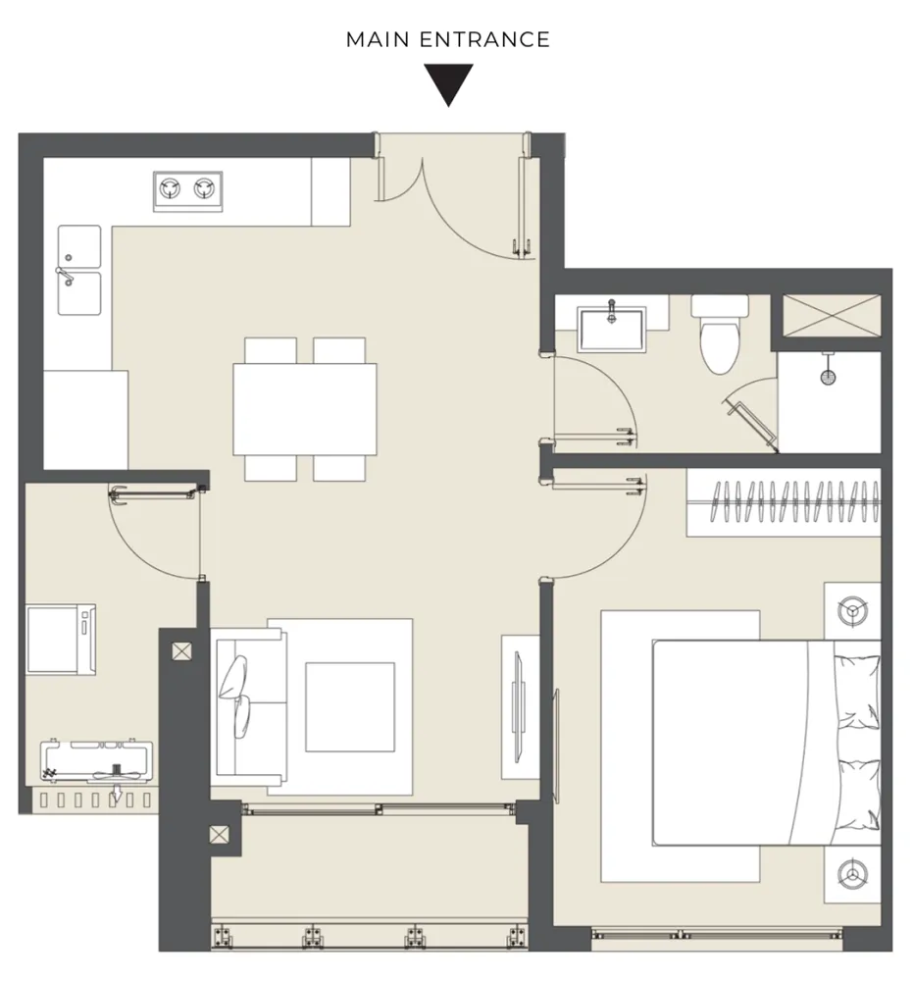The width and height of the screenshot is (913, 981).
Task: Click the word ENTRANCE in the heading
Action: [x=484, y=39]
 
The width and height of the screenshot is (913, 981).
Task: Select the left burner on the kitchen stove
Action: [x=170, y=187]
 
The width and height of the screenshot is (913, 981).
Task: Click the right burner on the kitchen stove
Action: [x=205, y=187]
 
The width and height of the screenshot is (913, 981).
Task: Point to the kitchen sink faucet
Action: [x=65, y=276]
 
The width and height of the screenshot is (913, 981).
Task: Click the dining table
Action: [x=305, y=409]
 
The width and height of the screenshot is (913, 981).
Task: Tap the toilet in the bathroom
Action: [x=720, y=335]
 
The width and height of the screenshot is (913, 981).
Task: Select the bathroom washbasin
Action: [x=612, y=329]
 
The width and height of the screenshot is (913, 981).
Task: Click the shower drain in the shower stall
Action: [x=828, y=377]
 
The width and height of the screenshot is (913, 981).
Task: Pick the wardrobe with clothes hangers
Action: [x=784, y=501]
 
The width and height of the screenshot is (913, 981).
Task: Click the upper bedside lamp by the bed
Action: [x=853, y=610]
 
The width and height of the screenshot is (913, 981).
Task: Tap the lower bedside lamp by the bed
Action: [x=853, y=874]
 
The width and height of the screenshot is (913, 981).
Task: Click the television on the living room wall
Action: [x=518, y=707]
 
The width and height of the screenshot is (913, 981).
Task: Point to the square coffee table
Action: [x=350, y=707]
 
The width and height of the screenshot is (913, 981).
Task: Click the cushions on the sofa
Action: [x=235, y=697]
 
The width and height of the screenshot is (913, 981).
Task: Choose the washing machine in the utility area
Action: [x=61, y=640]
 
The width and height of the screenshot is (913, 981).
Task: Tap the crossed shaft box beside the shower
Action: [x=832, y=316]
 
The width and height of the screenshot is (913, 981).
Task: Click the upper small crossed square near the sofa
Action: [x=182, y=651]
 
